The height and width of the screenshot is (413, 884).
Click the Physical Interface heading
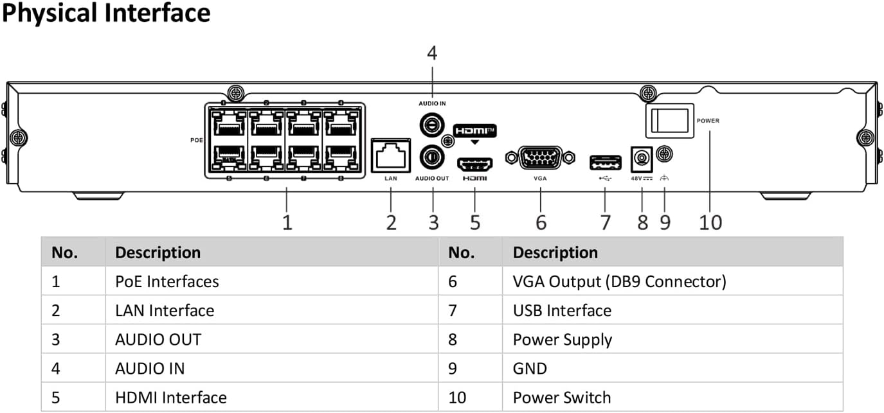(106, 13)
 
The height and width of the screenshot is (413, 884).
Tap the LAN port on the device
(391, 155)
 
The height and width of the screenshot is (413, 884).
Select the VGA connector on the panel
(539, 158)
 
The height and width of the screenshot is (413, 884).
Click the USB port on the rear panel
(605, 163)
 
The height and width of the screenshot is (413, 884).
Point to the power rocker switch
(669, 120)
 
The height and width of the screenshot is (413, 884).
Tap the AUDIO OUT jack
(430, 156)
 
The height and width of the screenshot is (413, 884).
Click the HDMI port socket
(474, 163)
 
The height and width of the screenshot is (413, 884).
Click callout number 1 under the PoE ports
(287, 222)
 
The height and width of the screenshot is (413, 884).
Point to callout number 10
(710, 222)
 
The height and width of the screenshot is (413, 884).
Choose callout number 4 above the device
(432, 53)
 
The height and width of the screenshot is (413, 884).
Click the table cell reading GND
(530, 369)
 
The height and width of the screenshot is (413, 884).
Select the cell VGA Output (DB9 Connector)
(619, 281)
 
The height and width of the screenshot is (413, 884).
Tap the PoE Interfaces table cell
(167, 281)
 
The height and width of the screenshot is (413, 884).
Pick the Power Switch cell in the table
(561, 398)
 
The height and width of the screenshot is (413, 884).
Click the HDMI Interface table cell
(171, 398)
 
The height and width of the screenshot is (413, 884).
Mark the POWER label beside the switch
(708, 121)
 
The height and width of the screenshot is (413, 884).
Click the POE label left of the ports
(197, 139)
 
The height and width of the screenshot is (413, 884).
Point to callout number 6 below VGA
(541, 222)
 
